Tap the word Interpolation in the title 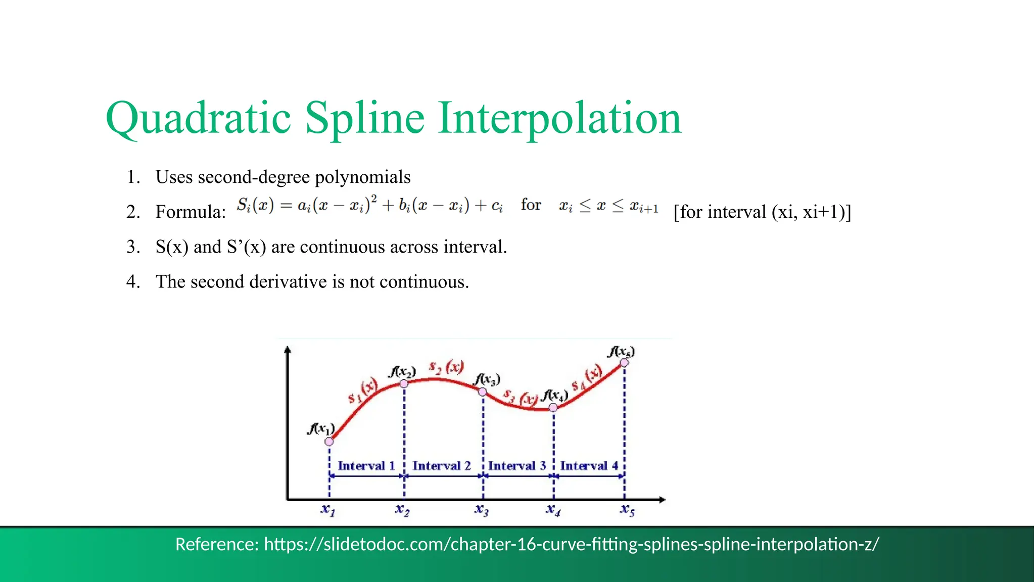(x=559, y=118)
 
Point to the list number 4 (x=132, y=281)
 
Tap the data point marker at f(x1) (x=329, y=442)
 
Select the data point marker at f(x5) (x=624, y=363)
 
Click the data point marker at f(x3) (x=483, y=392)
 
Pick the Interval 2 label (x=441, y=466)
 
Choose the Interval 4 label (x=589, y=466)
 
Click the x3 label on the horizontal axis (x=481, y=510)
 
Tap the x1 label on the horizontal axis (x=327, y=510)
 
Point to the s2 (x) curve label (x=446, y=368)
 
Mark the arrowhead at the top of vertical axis (x=288, y=350)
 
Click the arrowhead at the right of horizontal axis (x=663, y=500)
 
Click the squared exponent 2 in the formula (x=374, y=198)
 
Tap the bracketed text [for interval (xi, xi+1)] (x=762, y=212)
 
